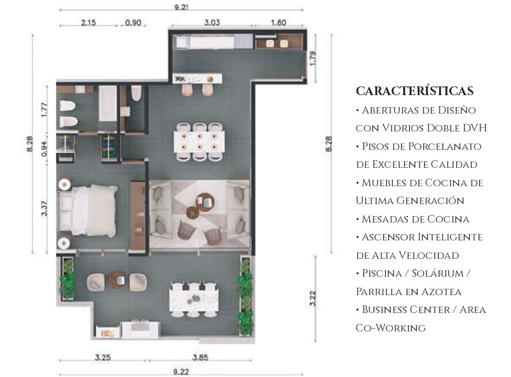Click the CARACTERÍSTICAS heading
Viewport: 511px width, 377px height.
tap(415, 91)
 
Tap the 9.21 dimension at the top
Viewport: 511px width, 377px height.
tap(181, 6)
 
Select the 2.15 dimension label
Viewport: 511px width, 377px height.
tap(88, 22)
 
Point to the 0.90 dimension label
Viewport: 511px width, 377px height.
tap(133, 22)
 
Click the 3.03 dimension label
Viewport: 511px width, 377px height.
tap(212, 22)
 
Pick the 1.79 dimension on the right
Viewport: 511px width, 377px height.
tap(313, 58)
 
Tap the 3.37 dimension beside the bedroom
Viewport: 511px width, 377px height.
tap(44, 209)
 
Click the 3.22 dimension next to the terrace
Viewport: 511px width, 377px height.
tap(312, 299)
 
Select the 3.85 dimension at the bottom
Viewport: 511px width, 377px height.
tap(200, 357)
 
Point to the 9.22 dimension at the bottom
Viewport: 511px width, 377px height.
tap(181, 372)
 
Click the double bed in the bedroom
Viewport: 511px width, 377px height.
tap(88, 210)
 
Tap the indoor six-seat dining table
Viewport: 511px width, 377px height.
tap(199, 142)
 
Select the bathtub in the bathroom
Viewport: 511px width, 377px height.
tap(108, 103)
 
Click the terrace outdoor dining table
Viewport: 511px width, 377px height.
tap(194, 300)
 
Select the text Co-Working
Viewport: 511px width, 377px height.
tap(391, 328)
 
